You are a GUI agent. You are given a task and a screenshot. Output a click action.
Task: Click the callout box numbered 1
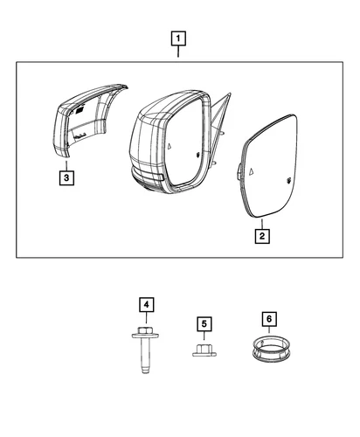coord(179,38)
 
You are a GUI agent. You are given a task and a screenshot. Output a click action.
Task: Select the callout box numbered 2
coord(261,235)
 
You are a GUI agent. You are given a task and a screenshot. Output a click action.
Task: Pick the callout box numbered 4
coord(147,304)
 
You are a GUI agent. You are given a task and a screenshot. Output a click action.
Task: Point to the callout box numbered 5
coord(204,324)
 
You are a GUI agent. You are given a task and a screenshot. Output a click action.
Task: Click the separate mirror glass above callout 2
coord(270,174)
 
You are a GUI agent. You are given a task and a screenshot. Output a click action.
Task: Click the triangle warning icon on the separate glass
coord(253,168)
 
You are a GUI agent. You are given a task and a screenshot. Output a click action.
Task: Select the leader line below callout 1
coord(179,52)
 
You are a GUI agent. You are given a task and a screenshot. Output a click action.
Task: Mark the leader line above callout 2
coord(261,222)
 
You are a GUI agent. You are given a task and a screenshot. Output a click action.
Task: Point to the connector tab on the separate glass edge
coord(237,172)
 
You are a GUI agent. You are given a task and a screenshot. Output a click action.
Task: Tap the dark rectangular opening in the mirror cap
coord(78,109)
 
